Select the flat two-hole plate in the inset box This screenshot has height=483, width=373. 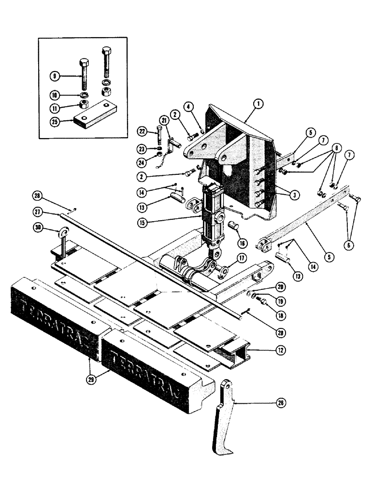coord(96,116)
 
